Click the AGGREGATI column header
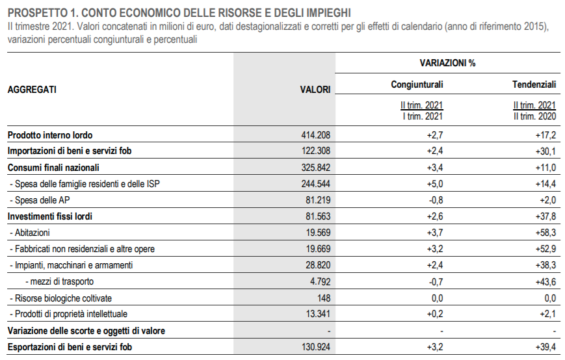pyautogui.click(x=32, y=89)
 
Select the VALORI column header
pyautogui.click(x=315, y=90)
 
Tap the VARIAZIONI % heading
pyautogui.click(x=447, y=63)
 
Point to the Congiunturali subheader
pyautogui.click(x=417, y=84)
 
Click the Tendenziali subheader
pyautogui.click(x=534, y=84)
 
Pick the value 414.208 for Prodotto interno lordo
pyautogui.click(x=315, y=135)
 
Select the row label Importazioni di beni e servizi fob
pyautogui.click(x=70, y=151)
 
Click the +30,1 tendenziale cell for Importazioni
pyautogui.click(x=545, y=151)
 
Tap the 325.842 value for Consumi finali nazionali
pyautogui.click(x=315, y=168)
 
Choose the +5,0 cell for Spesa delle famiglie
pyautogui.click(x=435, y=184)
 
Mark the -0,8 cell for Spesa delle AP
pyautogui.click(x=436, y=200)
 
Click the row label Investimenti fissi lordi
pyautogui.click(x=49, y=216)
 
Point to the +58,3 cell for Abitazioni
pyautogui.click(x=545, y=233)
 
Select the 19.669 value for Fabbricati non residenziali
pyautogui.click(x=318, y=249)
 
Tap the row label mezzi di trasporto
pyautogui.click(x=59, y=281)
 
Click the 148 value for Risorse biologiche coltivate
pyautogui.click(x=324, y=298)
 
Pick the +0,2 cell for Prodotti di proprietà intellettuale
pyautogui.click(x=435, y=314)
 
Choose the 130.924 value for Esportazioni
pyautogui.click(x=316, y=347)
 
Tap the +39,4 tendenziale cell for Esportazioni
pyautogui.click(x=545, y=347)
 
